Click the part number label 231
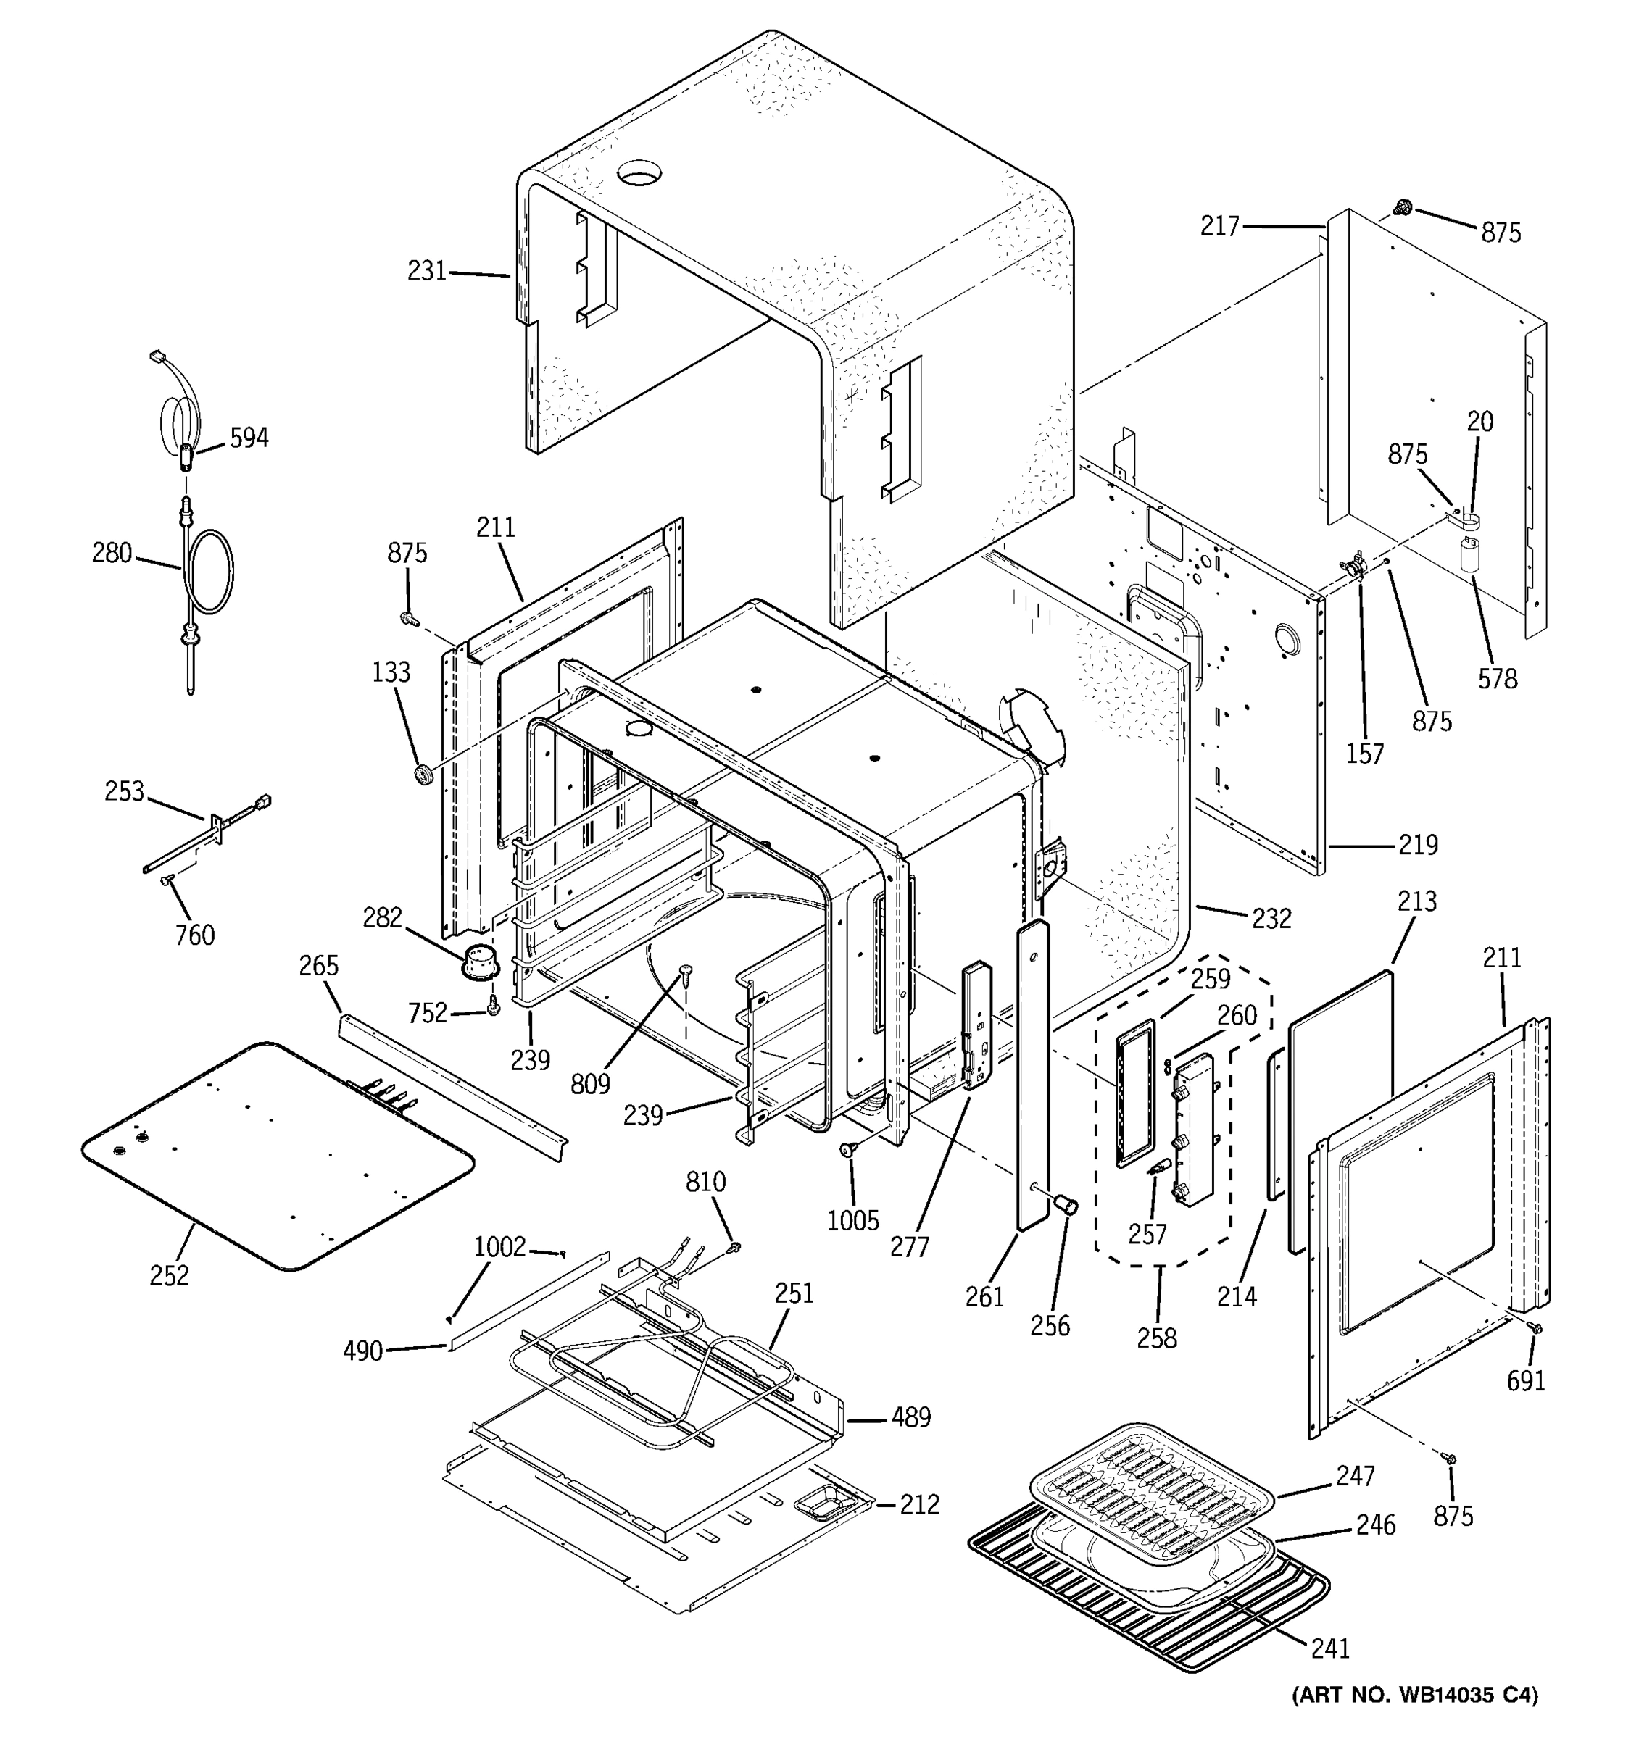[x=427, y=271]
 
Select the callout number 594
[x=249, y=438]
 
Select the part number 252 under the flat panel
[x=169, y=1276]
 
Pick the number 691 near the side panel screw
[x=1526, y=1381]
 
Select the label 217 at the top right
[x=1220, y=228]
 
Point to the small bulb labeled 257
[x=1158, y=1166]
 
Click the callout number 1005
[x=852, y=1220]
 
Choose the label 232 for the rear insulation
[x=1271, y=919]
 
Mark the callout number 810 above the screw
[x=705, y=1183]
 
